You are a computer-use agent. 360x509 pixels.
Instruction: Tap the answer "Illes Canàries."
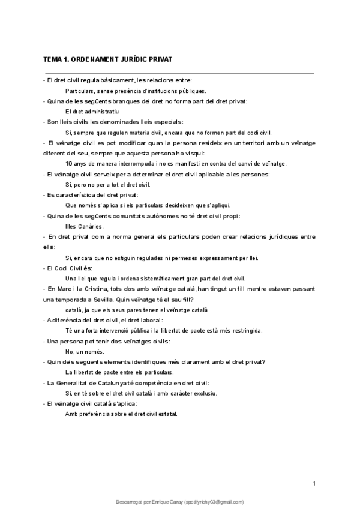[84, 226]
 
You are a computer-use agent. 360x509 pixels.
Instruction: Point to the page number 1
[314, 483]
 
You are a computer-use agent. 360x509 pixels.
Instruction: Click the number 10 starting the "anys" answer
[68, 163]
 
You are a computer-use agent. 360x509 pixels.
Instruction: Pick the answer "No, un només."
[85, 351]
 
